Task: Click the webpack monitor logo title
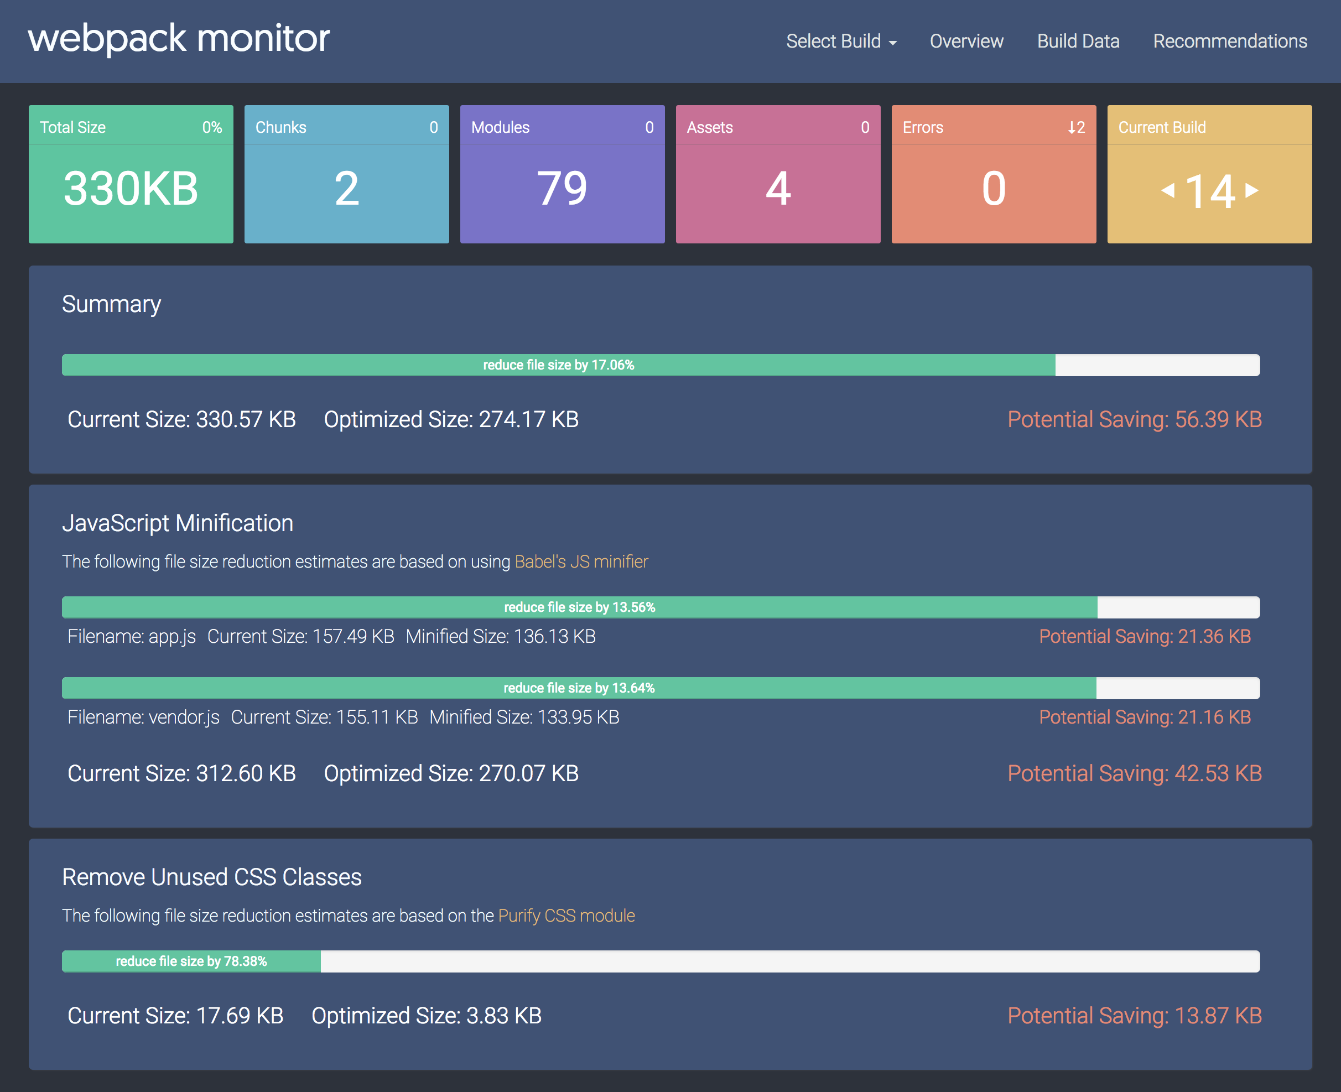(179, 38)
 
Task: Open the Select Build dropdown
(840, 41)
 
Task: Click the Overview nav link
(966, 41)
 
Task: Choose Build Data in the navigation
(1078, 41)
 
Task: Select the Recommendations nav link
(1230, 41)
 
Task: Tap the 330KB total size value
(131, 189)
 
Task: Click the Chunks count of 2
(346, 189)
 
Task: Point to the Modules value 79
(562, 189)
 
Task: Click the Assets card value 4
(778, 189)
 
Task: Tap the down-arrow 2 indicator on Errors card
(1076, 128)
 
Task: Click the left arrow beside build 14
(1168, 190)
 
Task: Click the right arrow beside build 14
(1252, 190)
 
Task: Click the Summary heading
(111, 304)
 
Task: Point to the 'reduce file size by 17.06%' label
(559, 366)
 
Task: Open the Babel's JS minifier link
(581, 561)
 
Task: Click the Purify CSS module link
(566, 916)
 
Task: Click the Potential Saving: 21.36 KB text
(1145, 637)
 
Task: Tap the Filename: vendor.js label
(143, 717)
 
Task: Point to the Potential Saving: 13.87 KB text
(1135, 1016)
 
